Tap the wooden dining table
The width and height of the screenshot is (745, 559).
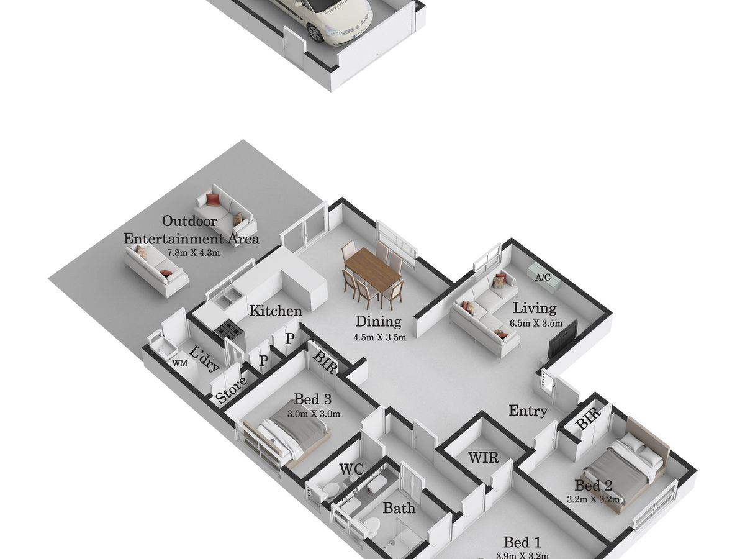[372, 269]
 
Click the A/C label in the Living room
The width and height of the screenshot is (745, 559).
[543, 278]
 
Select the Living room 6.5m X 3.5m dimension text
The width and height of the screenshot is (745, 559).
[536, 323]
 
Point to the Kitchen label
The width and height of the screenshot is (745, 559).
[276, 311]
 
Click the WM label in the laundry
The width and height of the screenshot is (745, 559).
[179, 363]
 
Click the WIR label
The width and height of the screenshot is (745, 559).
[483, 458]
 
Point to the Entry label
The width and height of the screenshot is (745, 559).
[528, 411]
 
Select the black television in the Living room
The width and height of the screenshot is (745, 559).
[562, 339]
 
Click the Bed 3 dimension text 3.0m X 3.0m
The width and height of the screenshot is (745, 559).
[314, 414]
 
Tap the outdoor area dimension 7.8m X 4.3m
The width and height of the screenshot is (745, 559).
[194, 252]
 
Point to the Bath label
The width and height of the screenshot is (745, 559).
[399, 508]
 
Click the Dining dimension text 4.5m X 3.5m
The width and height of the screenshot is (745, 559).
[380, 337]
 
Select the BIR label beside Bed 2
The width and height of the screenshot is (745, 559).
[587, 420]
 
